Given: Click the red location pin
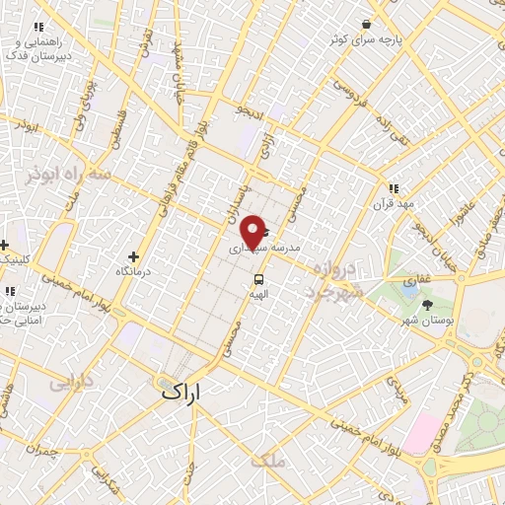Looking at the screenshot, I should [253, 232].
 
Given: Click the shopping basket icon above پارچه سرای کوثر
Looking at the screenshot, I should [367, 24].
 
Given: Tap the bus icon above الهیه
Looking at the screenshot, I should [258, 278].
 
